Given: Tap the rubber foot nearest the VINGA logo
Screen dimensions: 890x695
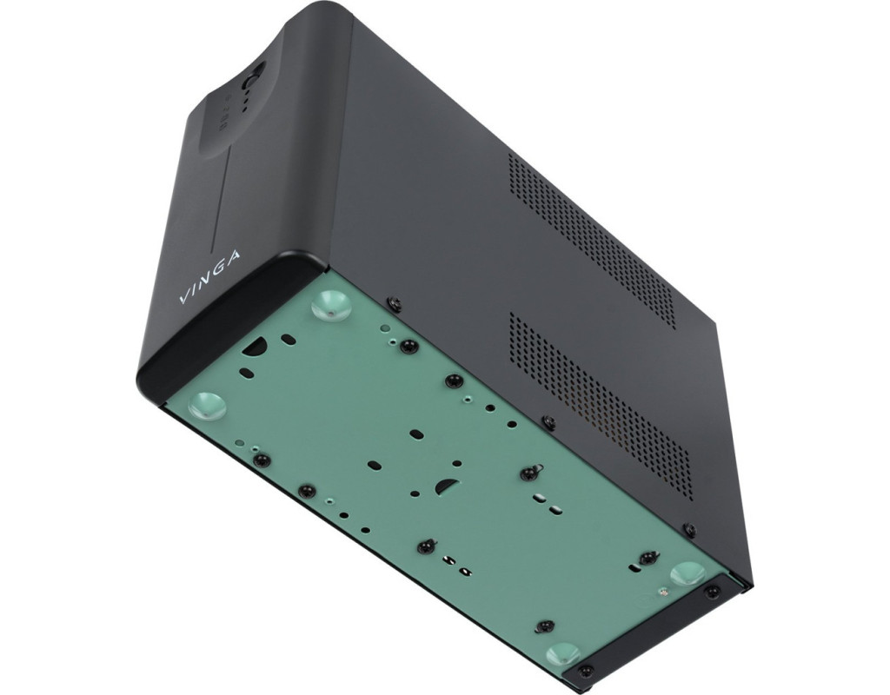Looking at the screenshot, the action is [x=331, y=305].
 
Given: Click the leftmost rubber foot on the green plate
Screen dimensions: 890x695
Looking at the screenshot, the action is [x=208, y=405].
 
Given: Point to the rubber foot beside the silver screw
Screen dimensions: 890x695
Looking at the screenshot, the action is [x=688, y=575].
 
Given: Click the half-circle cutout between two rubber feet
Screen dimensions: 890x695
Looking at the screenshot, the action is [x=256, y=345].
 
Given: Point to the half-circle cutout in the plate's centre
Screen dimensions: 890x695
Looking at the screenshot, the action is [x=447, y=486].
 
